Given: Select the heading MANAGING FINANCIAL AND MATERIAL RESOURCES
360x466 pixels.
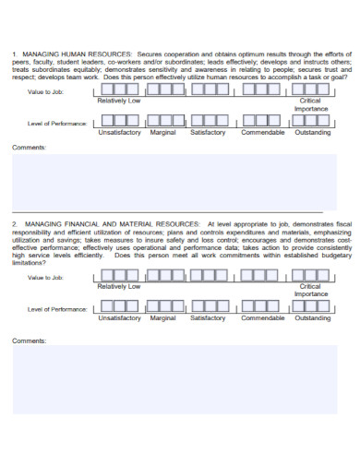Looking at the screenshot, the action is pyautogui.click(x=112, y=224).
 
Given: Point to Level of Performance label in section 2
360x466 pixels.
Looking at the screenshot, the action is pyautogui.click(x=57, y=308).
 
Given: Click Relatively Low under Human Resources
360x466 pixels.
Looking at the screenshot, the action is pyautogui.click(x=119, y=101).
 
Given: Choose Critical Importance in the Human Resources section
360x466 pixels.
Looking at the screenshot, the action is pyautogui.click(x=310, y=104).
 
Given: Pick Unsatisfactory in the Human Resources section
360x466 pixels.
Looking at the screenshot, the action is pyautogui.click(x=119, y=132).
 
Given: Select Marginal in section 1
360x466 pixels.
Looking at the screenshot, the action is pyautogui.click(x=163, y=132).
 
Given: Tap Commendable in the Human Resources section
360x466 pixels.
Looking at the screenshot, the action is pyautogui.click(x=263, y=132).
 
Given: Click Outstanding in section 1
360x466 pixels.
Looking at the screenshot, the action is pyautogui.click(x=312, y=132).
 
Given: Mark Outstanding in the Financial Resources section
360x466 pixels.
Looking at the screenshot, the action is pyautogui.click(x=312, y=317).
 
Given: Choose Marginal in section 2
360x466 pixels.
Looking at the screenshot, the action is pyautogui.click(x=163, y=317).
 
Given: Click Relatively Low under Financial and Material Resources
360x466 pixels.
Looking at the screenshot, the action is pyautogui.click(x=119, y=286).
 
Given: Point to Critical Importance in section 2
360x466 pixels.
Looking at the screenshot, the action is pyautogui.click(x=310, y=290).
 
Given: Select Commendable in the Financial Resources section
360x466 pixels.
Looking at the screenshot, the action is pyautogui.click(x=263, y=317).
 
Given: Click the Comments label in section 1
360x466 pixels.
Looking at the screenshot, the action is pyautogui.click(x=28, y=148).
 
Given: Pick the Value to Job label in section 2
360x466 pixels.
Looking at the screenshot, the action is pyautogui.click(x=45, y=278).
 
